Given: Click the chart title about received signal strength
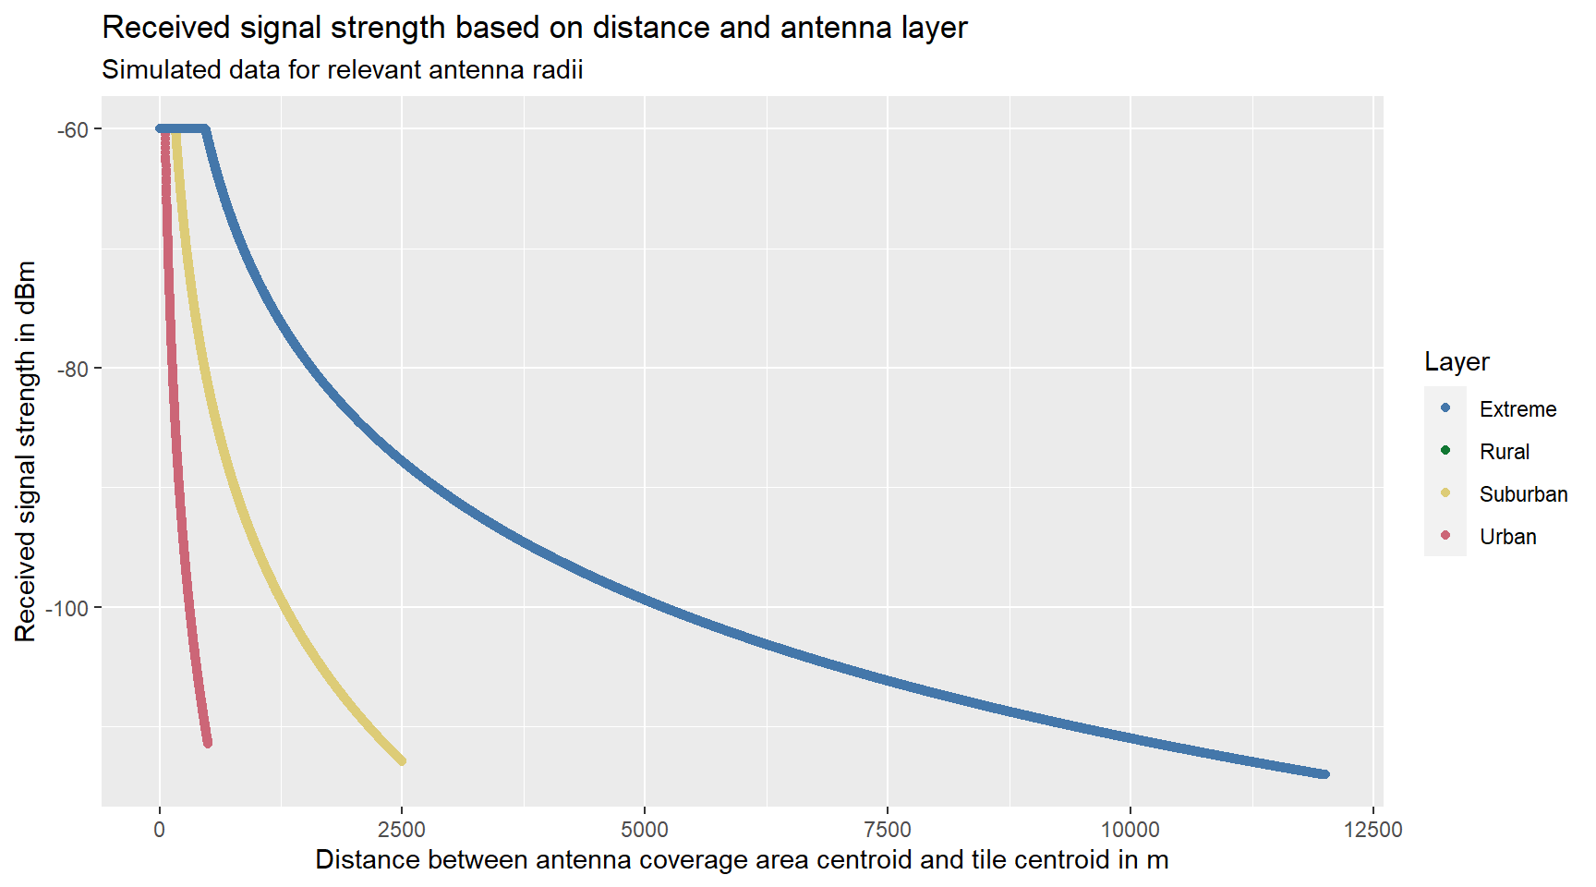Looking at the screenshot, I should click(534, 28).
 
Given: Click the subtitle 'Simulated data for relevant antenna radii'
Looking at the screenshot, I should click(342, 70).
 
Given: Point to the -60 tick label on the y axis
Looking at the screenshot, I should click(73, 129).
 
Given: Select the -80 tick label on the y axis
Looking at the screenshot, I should click(73, 369).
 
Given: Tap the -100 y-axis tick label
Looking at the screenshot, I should click(68, 608).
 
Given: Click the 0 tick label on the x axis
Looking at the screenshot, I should click(160, 830).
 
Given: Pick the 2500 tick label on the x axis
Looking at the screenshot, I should click(402, 830).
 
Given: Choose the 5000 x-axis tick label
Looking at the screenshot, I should click(645, 830).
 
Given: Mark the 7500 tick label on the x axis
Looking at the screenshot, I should click(888, 830).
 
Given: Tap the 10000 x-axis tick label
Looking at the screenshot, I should click(1130, 830).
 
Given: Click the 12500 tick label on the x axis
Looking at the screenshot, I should click(1372, 830).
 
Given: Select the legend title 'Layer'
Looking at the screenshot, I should click(1457, 362).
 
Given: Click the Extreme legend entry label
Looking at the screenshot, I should click(1517, 409).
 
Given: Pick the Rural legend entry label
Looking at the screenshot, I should click(1505, 452).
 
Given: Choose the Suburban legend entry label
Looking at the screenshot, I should click(1523, 494).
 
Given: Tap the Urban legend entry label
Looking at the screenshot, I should click(1507, 537).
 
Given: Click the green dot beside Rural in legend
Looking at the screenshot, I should click(1445, 451).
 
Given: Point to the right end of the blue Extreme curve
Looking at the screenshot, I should click(1324, 774).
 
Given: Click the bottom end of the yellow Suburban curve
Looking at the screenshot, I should click(402, 760).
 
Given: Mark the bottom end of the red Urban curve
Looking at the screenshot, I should click(208, 742).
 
